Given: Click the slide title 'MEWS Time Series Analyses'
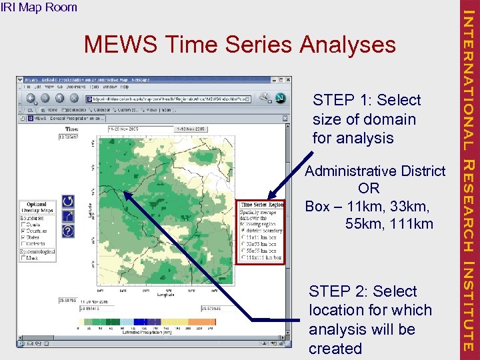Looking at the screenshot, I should coord(239,45).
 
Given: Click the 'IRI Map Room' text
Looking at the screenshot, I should coord(39,7).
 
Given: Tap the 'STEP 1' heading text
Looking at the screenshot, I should coord(367,100).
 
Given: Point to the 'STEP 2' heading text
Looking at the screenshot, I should coord(363,291).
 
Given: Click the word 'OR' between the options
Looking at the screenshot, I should coord(369,189).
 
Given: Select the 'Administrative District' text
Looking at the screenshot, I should coord(375,171).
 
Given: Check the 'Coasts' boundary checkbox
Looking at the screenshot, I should coord(25,224).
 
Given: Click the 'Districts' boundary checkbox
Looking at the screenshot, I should coord(25,243).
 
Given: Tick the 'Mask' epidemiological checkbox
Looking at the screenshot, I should coord(25,258).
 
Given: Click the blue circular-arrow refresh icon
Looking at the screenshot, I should coord(67,201).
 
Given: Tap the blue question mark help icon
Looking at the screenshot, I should coord(67,231).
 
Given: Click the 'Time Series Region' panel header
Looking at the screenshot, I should coord(262,205).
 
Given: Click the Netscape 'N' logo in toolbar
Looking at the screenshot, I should coord(280,97).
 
